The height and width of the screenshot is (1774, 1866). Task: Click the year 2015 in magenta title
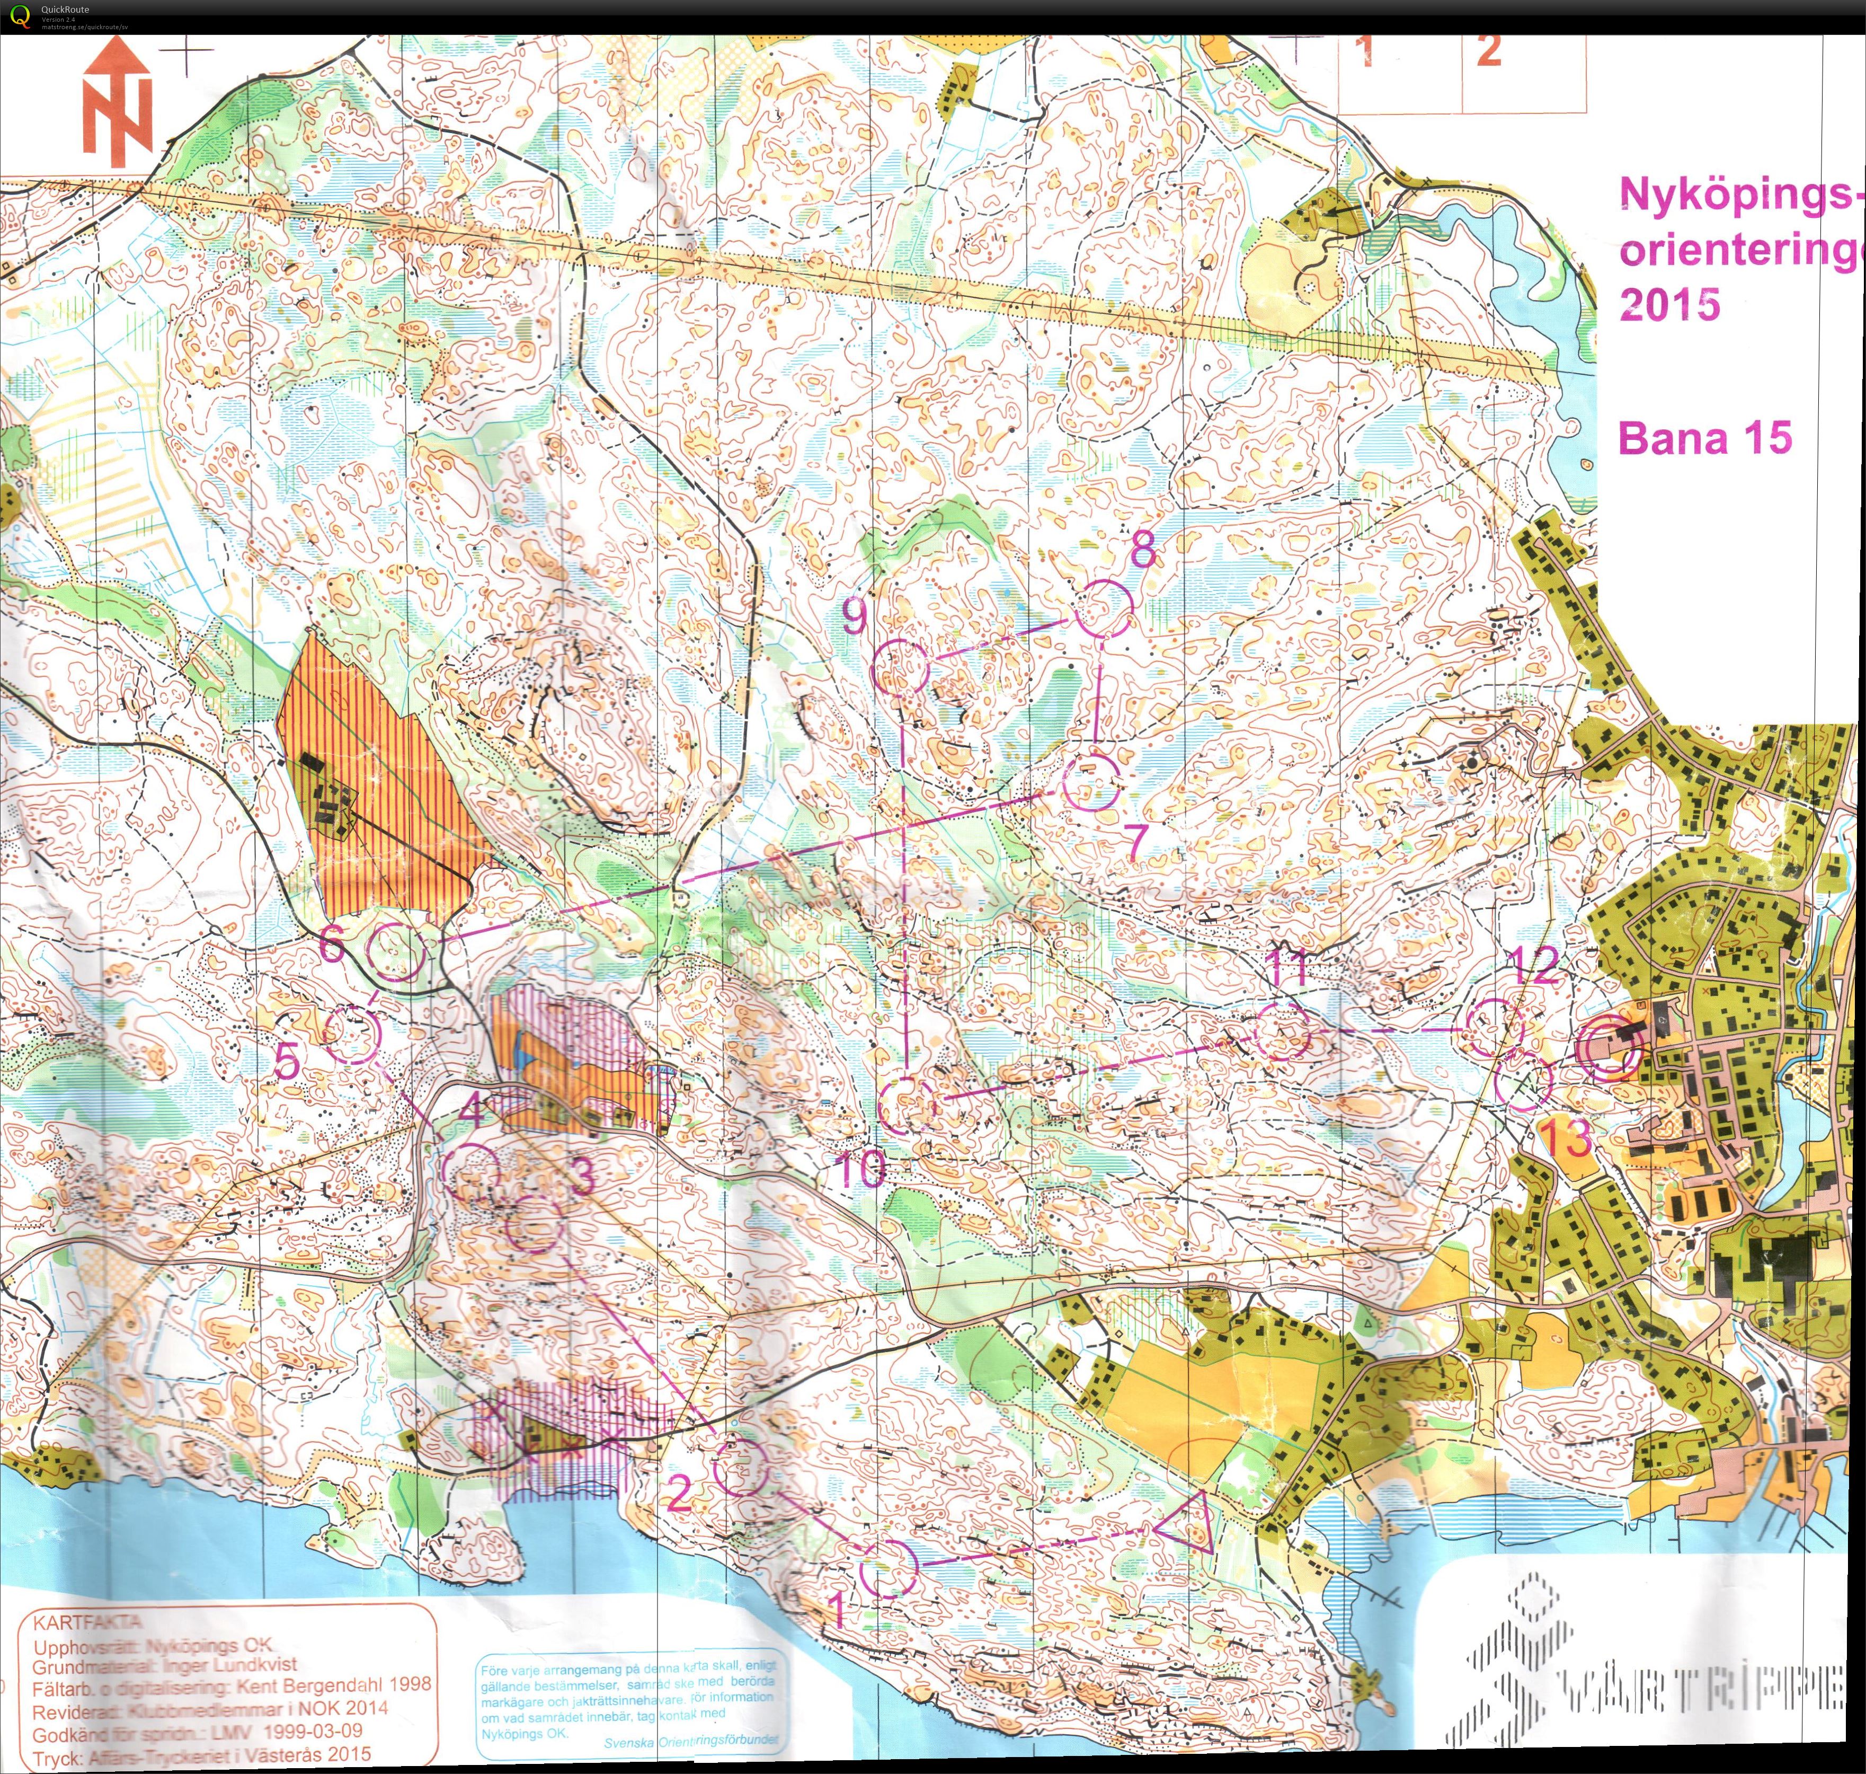[1669, 304]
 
